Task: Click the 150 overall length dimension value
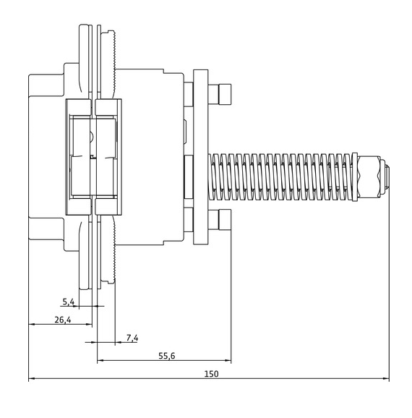[x=211, y=374]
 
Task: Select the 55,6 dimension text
[x=167, y=355]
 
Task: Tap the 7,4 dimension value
[x=132, y=337]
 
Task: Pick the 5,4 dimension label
[x=69, y=301]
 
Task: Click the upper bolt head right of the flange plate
[x=224, y=94]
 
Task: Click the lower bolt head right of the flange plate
[x=224, y=218]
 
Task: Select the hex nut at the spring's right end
[x=370, y=178]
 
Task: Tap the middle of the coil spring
[x=286, y=178]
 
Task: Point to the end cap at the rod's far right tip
[x=388, y=178]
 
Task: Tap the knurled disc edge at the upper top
[x=112, y=51]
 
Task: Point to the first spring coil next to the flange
[x=215, y=178]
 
